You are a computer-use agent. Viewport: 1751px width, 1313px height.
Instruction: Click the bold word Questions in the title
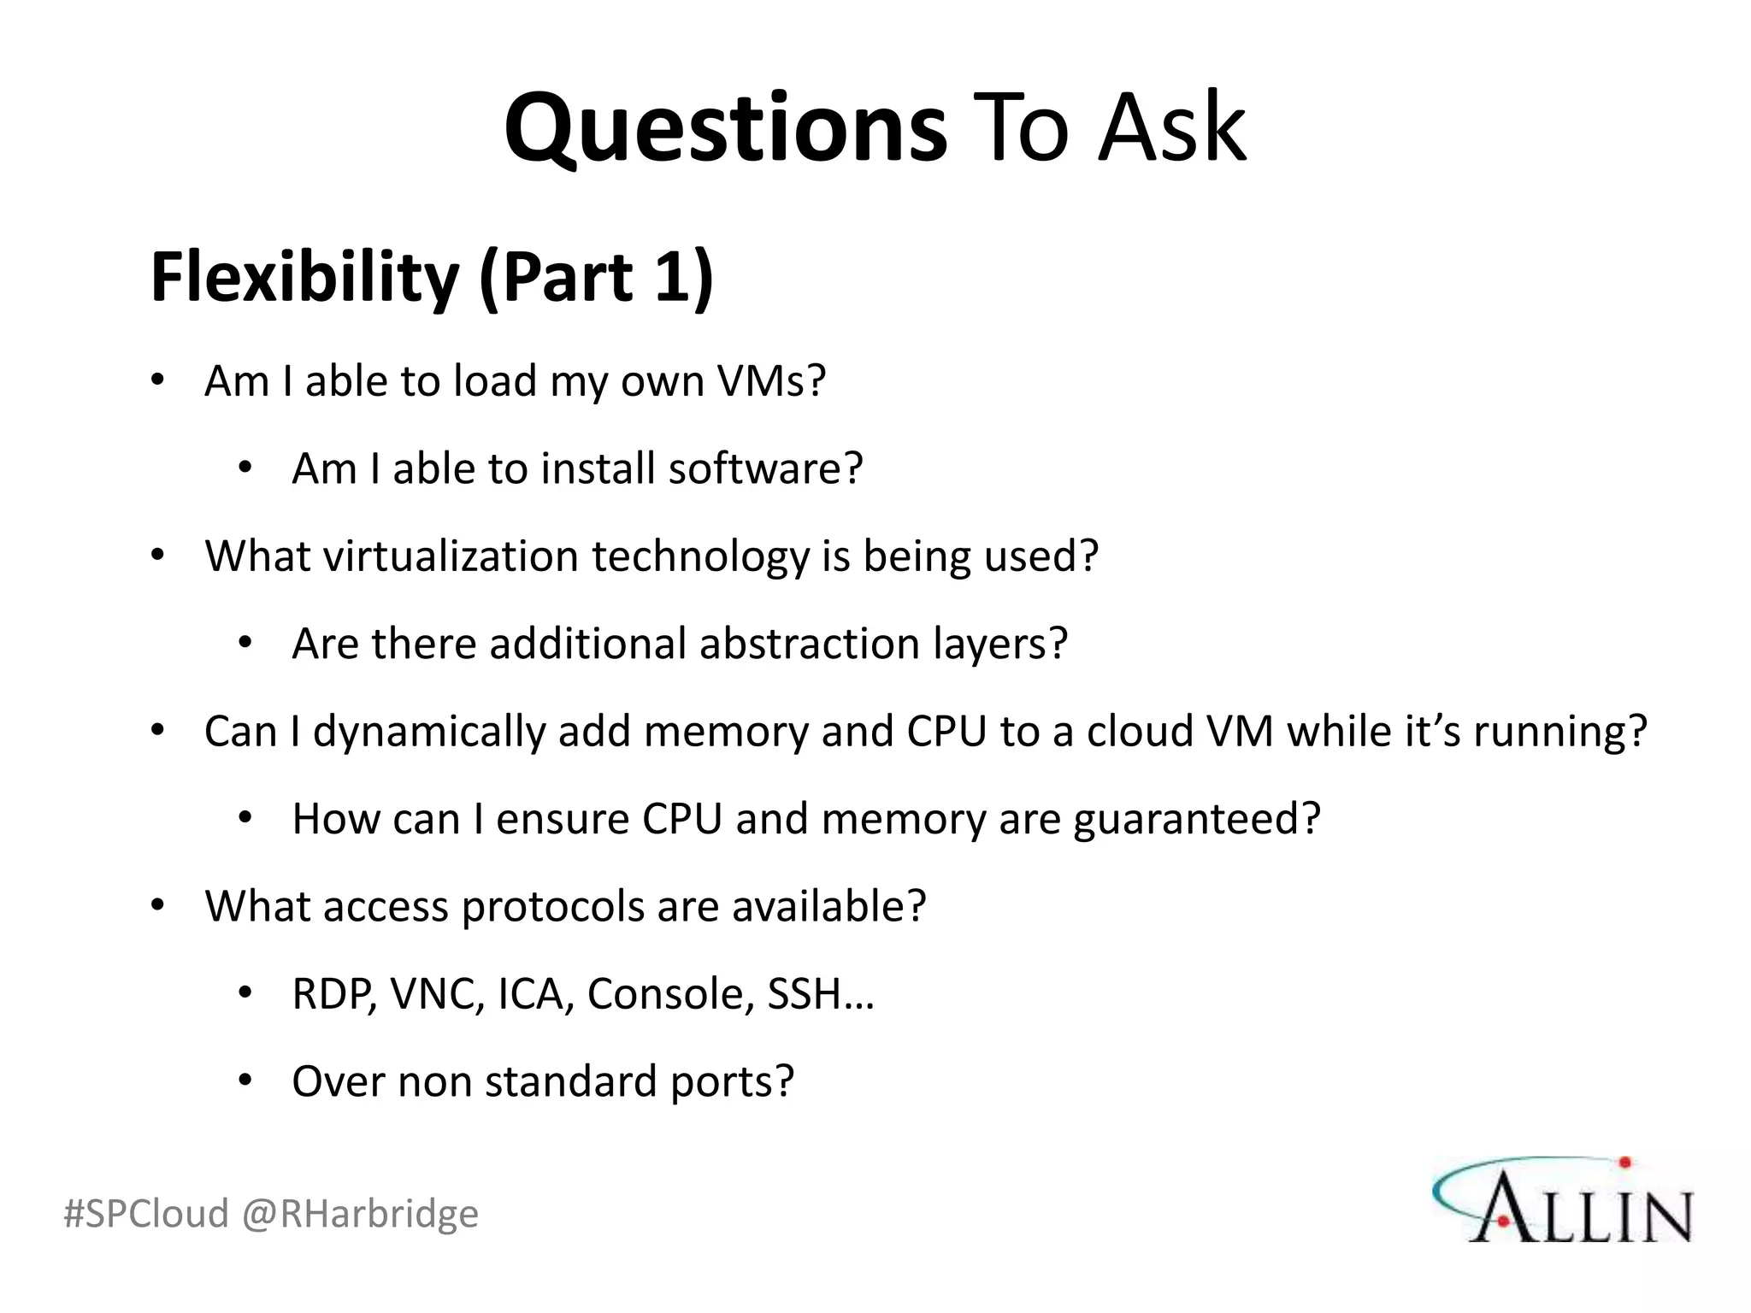[x=725, y=128]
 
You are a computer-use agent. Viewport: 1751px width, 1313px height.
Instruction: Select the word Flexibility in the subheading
[x=304, y=278]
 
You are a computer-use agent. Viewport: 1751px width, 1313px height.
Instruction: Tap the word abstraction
[x=809, y=644]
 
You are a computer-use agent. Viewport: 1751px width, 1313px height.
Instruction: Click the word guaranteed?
[x=1197, y=819]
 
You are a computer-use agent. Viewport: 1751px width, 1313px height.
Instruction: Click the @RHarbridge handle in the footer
[x=360, y=1214]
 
